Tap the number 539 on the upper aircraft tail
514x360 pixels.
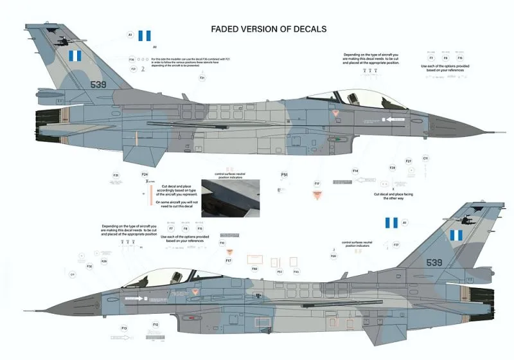click(98, 84)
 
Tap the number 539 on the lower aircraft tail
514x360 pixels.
click(434, 262)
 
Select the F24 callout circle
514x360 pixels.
click(145, 174)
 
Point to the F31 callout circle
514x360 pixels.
click(116, 175)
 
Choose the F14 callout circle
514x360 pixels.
click(355, 171)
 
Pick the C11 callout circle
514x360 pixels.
click(425, 158)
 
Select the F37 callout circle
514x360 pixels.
click(396, 245)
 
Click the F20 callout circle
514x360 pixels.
click(333, 256)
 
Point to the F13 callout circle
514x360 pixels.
click(124, 328)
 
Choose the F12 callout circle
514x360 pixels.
click(155, 325)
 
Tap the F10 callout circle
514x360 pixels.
click(222, 243)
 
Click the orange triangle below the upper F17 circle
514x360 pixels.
click(317, 194)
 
